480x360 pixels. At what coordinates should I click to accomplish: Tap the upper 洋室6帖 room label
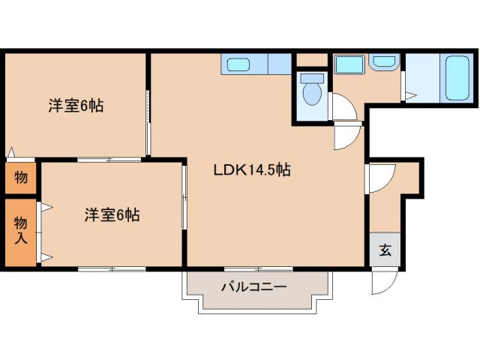pos(76,106)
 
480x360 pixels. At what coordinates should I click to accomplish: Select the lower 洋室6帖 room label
pos(111,215)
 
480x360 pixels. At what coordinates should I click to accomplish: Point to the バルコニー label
pos(253,286)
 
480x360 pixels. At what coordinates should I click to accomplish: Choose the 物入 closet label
pos(20,232)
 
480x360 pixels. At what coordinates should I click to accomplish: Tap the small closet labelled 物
pos(20,178)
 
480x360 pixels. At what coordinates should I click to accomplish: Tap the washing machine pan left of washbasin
pos(349,64)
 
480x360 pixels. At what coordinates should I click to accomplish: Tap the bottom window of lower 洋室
pos(111,268)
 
